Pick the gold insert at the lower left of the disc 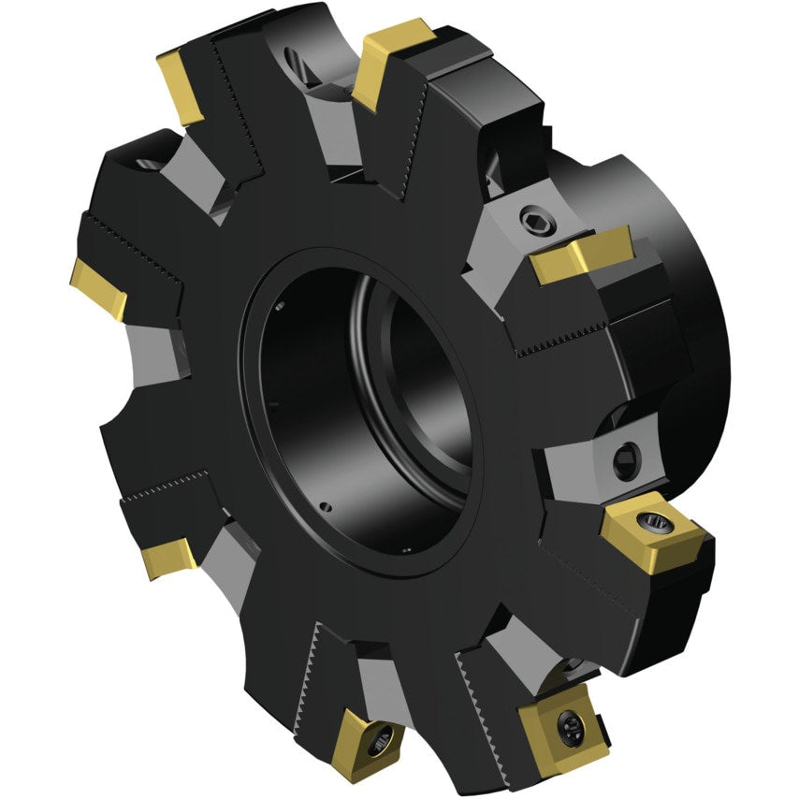(168, 558)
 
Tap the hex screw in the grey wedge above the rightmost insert (624, 459)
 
